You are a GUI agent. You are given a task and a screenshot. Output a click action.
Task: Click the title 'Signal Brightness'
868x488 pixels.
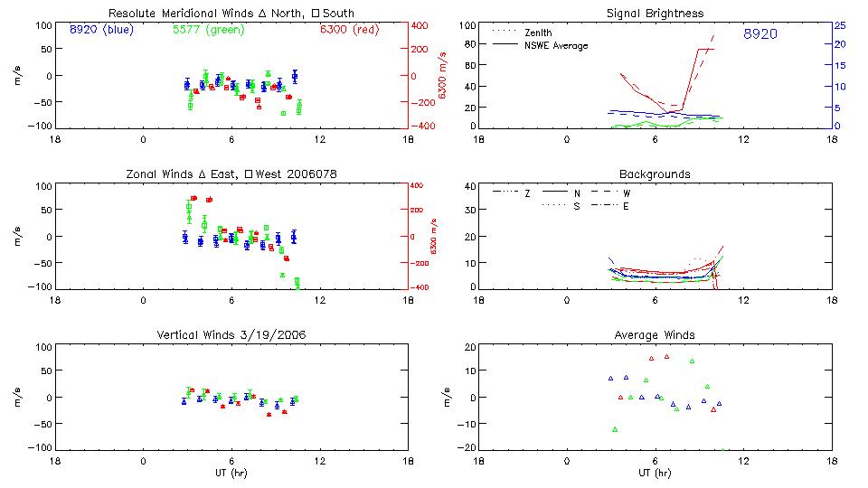click(656, 14)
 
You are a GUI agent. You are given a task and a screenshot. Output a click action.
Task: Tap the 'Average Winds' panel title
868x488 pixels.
click(656, 334)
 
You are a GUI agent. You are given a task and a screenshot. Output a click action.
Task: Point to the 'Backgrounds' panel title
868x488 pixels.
click(656, 174)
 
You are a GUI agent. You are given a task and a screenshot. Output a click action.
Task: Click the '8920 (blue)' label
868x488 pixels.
click(101, 30)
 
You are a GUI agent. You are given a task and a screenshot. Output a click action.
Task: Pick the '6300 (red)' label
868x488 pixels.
click(349, 30)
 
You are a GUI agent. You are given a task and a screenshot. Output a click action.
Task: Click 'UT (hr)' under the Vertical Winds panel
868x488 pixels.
click(231, 473)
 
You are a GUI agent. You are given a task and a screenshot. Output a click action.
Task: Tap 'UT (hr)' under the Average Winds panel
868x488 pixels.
click(656, 473)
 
